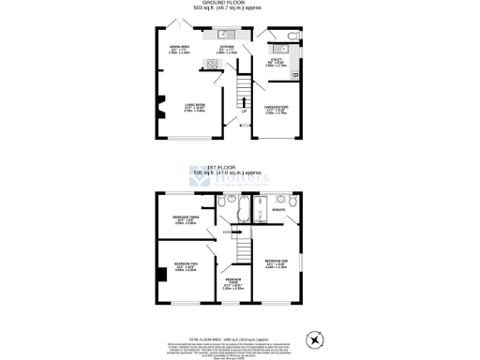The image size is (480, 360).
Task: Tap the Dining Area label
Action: (179, 49)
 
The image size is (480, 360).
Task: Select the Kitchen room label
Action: (226, 48)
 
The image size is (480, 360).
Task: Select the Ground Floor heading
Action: (241, 4)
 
